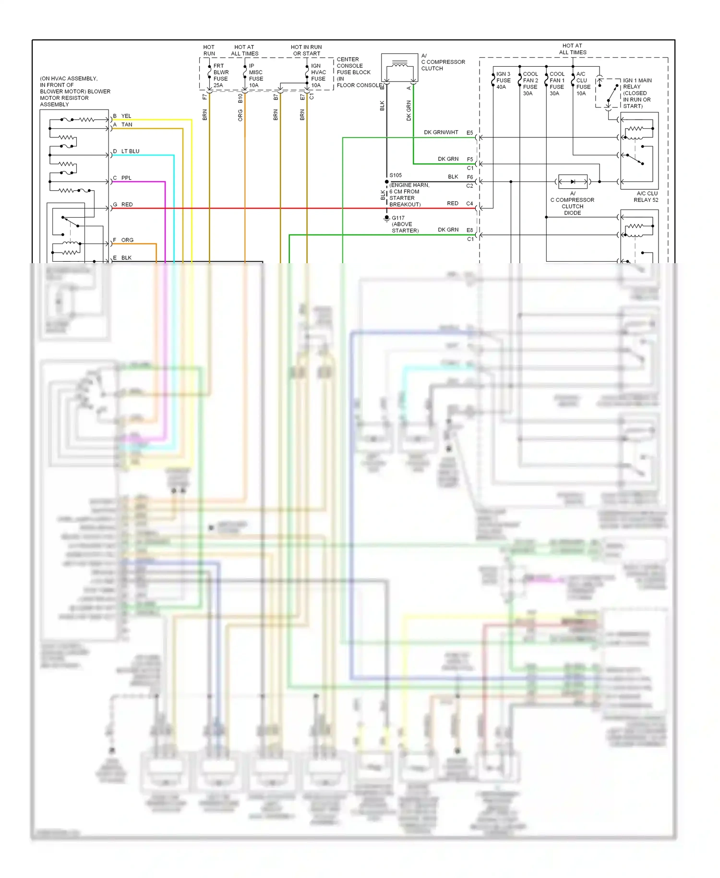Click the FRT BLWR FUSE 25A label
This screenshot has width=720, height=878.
pos(220,75)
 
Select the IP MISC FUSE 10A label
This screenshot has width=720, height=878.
pos(255,75)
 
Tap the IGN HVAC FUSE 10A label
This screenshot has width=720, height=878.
pos(318,75)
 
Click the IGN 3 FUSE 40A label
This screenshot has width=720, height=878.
pos(503,80)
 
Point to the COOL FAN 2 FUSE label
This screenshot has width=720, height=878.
pos(530,80)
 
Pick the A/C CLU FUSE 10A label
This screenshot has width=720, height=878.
pos(583,84)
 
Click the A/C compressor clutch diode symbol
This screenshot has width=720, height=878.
pos(573,182)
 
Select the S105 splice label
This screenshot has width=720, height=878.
pos(396,175)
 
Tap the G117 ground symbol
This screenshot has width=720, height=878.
pos(386,219)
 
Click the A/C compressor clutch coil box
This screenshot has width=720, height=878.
pos(399,67)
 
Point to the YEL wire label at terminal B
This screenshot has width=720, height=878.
pos(126,116)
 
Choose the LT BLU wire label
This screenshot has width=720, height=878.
pos(130,151)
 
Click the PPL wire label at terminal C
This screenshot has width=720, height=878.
pos(126,178)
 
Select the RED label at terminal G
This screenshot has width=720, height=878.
pos(127,204)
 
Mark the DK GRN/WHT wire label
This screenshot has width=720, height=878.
pos(441,132)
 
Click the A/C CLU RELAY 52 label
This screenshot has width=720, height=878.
pos(646,196)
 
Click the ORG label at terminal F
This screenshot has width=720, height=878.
pos(127,240)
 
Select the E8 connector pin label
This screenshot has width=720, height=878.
pos(469,230)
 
